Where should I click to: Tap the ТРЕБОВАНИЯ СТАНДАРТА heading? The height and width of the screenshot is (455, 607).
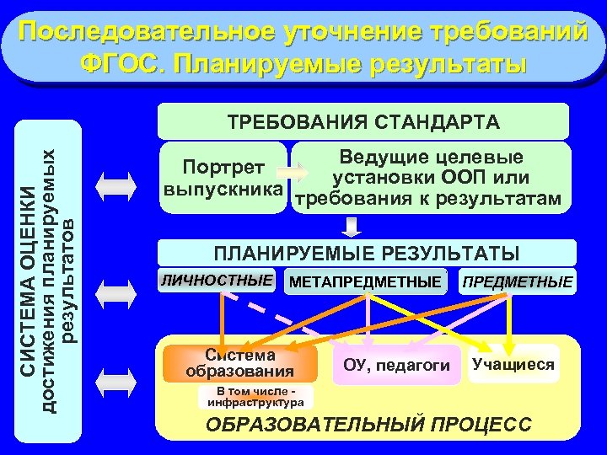(363, 121)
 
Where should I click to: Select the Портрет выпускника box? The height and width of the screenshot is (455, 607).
(223, 175)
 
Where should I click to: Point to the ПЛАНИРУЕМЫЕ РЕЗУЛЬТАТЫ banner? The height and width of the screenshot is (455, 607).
(367, 254)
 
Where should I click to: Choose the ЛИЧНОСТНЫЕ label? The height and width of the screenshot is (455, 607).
(218, 279)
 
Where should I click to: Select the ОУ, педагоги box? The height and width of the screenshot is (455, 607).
(396, 365)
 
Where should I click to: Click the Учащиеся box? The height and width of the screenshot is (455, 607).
(513, 364)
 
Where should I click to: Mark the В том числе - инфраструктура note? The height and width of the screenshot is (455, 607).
(255, 396)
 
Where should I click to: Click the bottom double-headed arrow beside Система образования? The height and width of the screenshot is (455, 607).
(115, 380)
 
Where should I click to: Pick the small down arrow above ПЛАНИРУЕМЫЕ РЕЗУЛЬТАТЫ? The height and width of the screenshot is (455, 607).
(352, 227)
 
